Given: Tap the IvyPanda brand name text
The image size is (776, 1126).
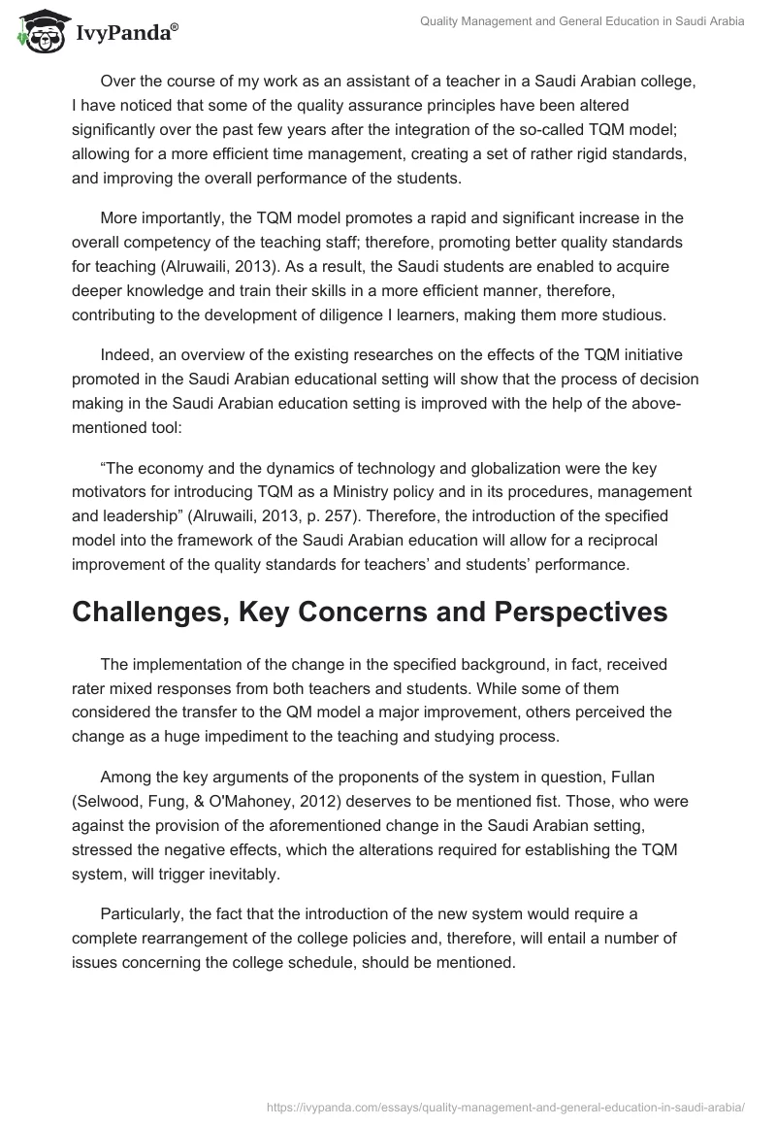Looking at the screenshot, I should click(125, 34).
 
